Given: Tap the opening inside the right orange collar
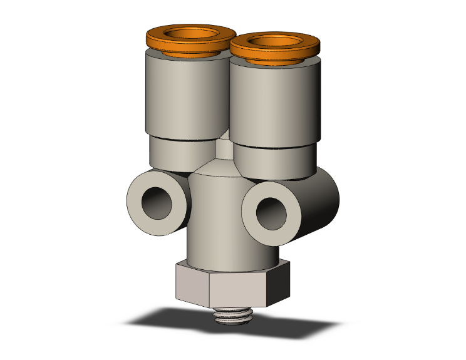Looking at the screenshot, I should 275,43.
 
